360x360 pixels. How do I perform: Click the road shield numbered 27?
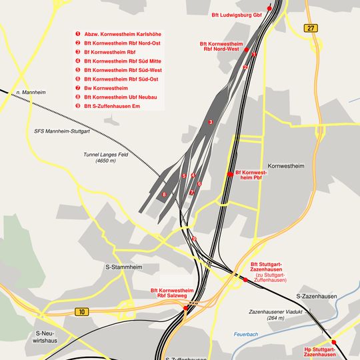tap(311, 28)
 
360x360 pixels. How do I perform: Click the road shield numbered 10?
tap(81, 311)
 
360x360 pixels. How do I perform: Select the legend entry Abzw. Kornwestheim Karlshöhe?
tap(122, 34)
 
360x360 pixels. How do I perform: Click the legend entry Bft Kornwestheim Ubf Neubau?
tap(121, 97)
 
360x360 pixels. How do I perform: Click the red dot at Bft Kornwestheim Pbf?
tap(230, 174)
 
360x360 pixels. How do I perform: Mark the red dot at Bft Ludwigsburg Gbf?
tap(269, 8)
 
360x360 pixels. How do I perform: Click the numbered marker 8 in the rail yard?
tap(164, 195)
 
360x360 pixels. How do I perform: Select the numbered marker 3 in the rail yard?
tap(210, 122)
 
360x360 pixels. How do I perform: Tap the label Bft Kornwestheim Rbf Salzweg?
tap(173, 293)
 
